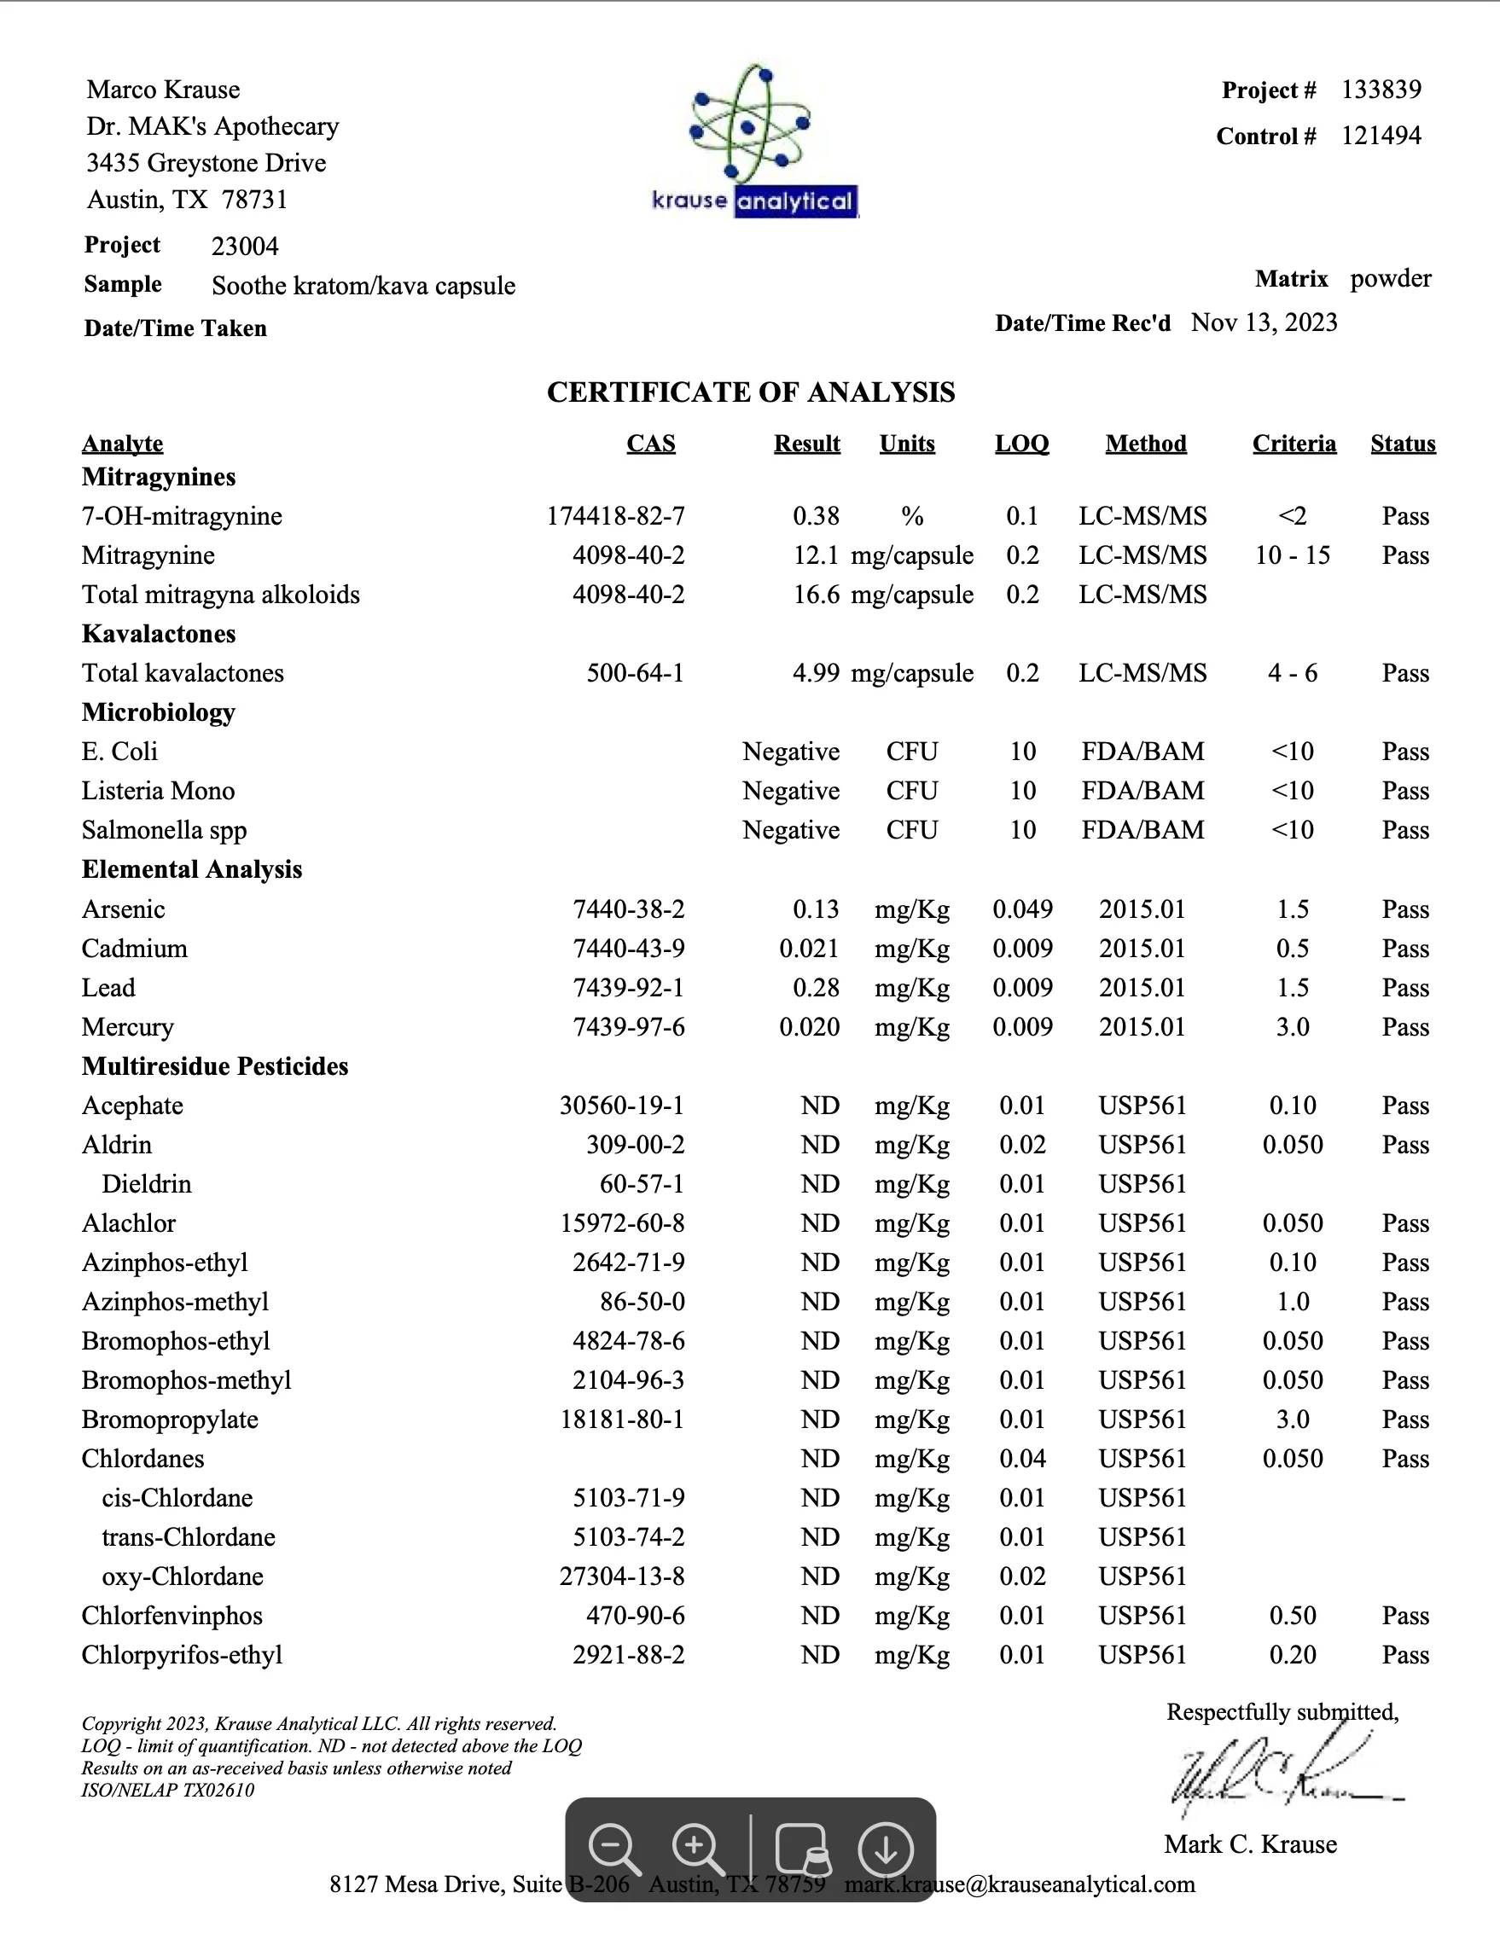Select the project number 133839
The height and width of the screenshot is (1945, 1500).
(1381, 90)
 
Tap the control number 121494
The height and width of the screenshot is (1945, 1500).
(1381, 136)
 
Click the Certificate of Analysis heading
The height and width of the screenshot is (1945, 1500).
(750, 392)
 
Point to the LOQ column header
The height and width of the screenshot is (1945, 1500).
(1021, 444)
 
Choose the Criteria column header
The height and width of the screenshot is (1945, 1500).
(1294, 444)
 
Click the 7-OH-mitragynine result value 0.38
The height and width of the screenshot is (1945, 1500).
(816, 516)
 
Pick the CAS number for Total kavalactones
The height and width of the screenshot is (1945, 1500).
(635, 673)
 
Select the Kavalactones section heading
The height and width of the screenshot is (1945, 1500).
(159, 634)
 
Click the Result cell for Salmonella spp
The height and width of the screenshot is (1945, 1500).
(791, 830)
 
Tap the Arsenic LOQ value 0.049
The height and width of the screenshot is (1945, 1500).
(1022, 909)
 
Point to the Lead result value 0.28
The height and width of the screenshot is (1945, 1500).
(816, 988)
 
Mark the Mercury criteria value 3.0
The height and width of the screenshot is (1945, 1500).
(1293, 1027)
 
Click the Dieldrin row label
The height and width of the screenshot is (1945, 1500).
(147, 1184)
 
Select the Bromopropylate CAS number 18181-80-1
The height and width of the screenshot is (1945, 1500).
(622, 1420)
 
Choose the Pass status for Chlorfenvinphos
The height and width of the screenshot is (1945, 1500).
(1404, 1616)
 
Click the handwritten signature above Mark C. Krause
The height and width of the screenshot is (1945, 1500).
(1282, 1776)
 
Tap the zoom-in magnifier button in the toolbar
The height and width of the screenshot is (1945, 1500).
(697, 1848)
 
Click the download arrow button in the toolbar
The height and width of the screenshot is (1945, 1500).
(885, 1849)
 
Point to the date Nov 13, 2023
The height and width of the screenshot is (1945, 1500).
(1264, 322)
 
